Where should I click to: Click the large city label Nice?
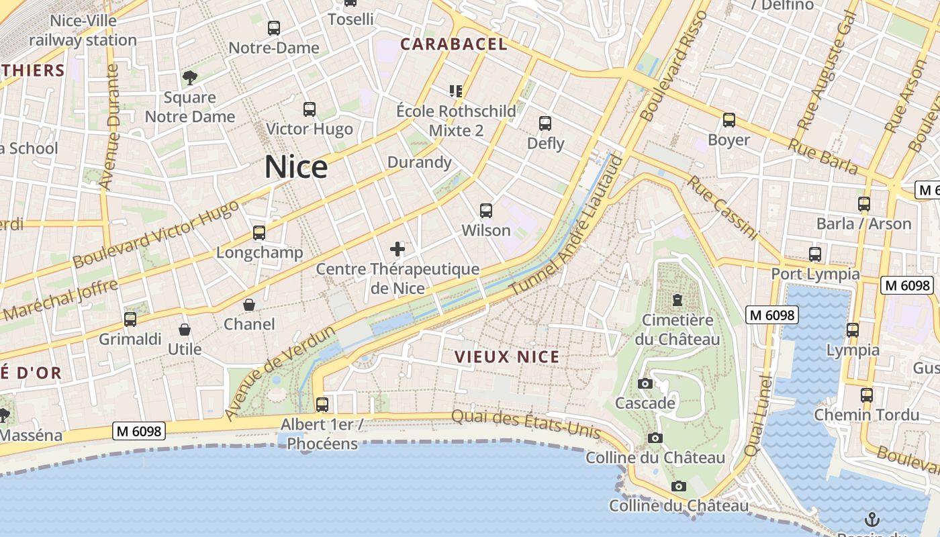point(296,167)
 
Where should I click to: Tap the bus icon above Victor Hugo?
point(310,109)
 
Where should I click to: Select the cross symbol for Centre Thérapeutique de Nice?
point(397,249)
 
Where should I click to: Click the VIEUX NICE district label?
point(507,357)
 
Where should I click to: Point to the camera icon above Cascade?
point(645,383)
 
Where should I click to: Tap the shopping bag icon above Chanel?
point(249,305)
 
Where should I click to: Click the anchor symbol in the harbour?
point(872,519)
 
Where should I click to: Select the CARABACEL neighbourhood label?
point(454,44)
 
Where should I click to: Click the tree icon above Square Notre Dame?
point(190,77)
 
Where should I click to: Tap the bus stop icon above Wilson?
point(486,210)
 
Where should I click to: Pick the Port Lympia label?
point(815,274)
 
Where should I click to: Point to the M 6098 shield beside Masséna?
point(139,431)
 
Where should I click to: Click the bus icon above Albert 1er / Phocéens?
point(322,404)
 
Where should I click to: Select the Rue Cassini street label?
point(722,208)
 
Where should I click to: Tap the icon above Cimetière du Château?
point(677,299)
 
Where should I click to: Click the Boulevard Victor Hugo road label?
point(156,234)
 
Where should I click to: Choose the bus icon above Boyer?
point(729,120)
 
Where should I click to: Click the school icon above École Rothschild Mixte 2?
point(457,91)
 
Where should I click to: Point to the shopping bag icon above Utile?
point(185,330)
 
